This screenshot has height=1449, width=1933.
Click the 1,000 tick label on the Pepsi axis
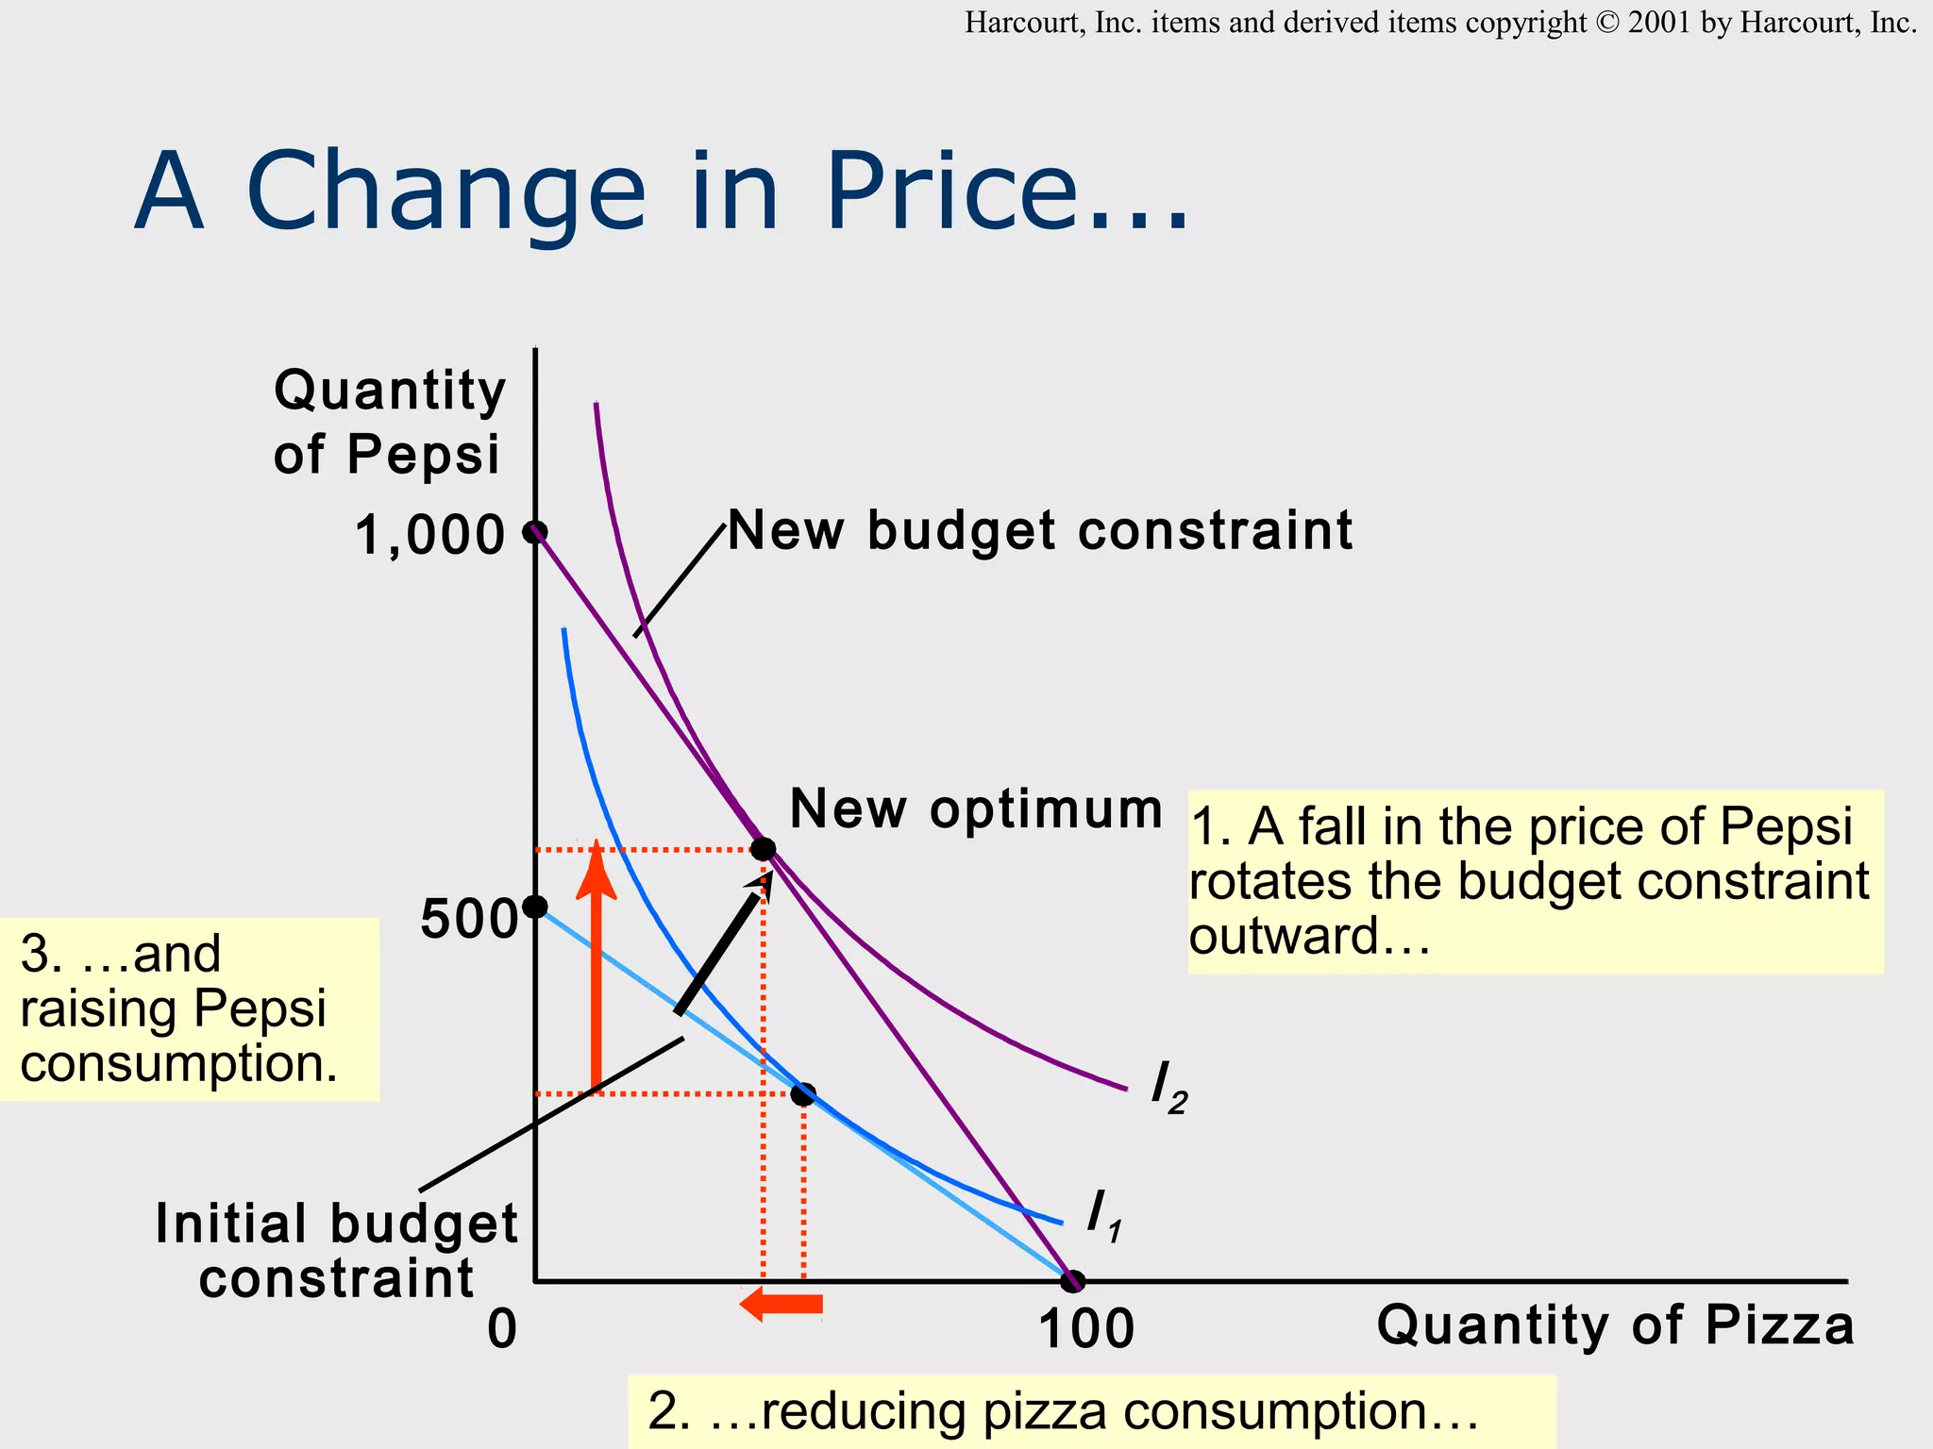(x=429, y=536)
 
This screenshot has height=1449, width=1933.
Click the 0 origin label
(x=502, y=1328)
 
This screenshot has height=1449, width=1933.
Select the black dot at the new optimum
(x=763, y=849)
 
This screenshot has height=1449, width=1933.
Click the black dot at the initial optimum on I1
(x=802, y=1094)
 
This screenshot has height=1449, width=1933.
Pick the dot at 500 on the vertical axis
(x=535, y=907)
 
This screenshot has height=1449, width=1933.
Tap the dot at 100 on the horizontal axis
(x=1072, y=1281)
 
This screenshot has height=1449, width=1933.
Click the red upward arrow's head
(x=596, y=868)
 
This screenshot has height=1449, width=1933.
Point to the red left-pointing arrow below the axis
(x=781, y=1305)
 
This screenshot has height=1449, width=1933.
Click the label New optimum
(x=976, y=809)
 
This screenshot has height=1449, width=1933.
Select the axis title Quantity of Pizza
(x=1615, y=1324)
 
